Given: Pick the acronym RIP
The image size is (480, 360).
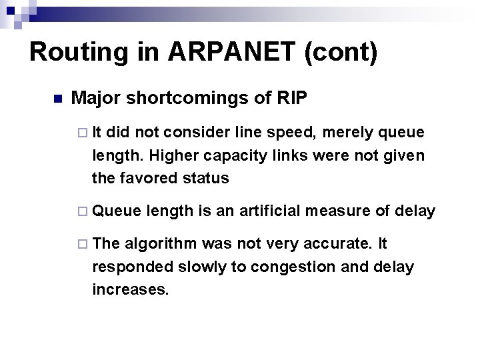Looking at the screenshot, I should pyautogui.click(x=291, y=99).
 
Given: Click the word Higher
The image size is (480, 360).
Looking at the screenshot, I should pyautogui.click(x=173, y=156).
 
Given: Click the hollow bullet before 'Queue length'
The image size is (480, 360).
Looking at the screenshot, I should pyautogui.click(x=83, y=212).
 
